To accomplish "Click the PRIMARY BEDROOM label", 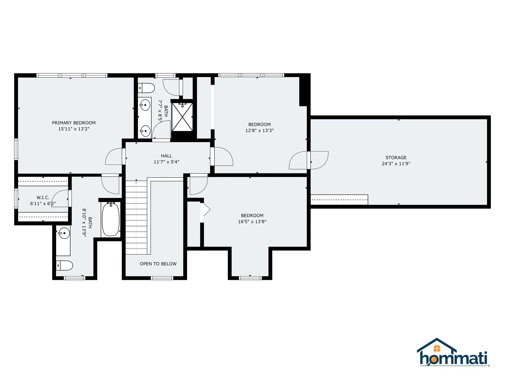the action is click(74, 123).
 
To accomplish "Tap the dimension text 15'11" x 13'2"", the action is click(74, 129).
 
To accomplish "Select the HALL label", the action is click(166, 156).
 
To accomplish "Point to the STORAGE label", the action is click(396, 157).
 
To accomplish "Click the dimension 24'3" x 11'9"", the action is click(396, 164).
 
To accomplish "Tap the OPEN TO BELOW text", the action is click(158, 264).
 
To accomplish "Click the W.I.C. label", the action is click(43, 198).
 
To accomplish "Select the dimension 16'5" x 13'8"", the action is click(252, 222).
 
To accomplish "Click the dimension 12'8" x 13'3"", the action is click(259, 130).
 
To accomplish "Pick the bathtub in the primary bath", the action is click(111, 219).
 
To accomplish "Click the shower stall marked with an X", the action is click(182, 117).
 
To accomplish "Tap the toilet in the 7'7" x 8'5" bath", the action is click(146, 88).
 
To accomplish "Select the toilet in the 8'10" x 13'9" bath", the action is click(64, 266).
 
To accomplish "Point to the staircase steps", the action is click(136, 217).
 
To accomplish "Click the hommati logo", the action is click(453, 352).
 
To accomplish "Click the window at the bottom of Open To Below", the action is click(162, 278).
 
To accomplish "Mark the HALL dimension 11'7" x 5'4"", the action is click(166, 162).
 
